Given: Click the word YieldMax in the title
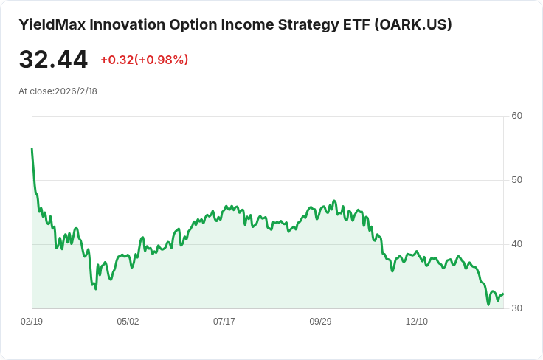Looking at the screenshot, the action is click(52, 24).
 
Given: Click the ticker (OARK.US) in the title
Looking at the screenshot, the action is click(413, 24).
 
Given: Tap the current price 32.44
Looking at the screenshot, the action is click(53, 60).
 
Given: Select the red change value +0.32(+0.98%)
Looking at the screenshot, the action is click(145, 60).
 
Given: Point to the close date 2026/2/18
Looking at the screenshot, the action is click(76, 91).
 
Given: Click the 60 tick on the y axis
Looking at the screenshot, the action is click(516, 116).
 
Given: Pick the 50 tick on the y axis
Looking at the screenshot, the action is click(516, 180).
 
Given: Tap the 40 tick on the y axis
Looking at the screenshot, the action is click(516, 244).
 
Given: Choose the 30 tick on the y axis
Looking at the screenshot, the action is click(516, 308).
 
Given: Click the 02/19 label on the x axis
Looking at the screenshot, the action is click(32, 322).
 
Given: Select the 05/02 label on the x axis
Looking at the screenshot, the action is click(128, 322).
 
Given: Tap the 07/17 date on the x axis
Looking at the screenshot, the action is click(224, 322).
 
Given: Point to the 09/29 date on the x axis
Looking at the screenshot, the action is click(320, 322).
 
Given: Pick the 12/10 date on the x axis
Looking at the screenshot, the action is click(417, 322).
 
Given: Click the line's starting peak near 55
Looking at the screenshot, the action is click(32, 148).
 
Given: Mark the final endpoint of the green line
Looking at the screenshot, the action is click(503, 294).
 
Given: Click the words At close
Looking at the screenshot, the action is click(35, 91).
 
